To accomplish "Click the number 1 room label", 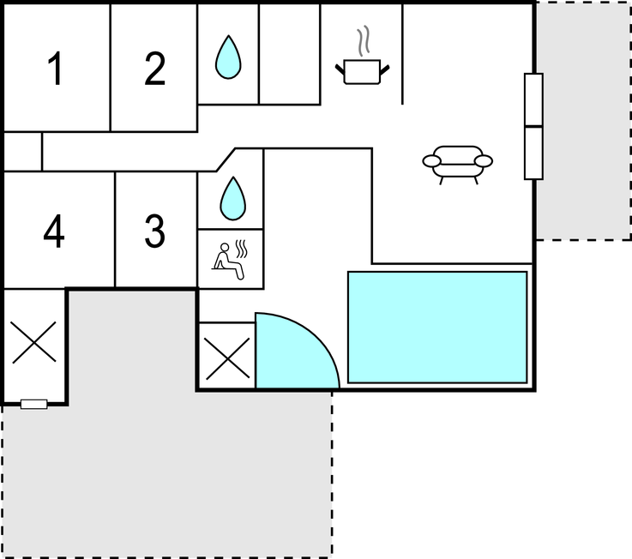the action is click(55, 69).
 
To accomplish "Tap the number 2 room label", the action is click(154, 69).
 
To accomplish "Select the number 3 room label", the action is click(154, 231).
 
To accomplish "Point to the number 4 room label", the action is click(54, 231).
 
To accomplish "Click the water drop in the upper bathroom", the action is click(228, 57).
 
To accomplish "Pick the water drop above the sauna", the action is click(233, 198).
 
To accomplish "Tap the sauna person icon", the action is click(228, 261).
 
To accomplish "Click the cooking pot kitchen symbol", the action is click(363, 72).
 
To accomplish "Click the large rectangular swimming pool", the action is click(437, 328).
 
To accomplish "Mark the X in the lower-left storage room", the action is click(34, 342).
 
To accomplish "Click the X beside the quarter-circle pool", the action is click(228, 358).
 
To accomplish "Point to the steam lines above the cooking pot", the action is click(364, 41).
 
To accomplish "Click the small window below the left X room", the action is click(33, 404).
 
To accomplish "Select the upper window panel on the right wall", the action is click(533, 100).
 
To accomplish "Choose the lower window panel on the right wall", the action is click(533, 153).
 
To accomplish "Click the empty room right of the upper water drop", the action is click(290, 54).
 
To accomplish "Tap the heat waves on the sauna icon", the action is click(242, 249).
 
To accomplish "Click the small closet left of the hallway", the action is click(22, 152).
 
